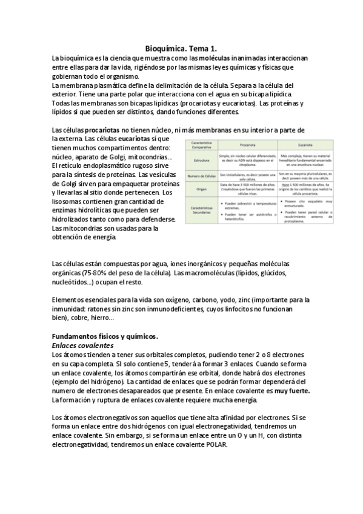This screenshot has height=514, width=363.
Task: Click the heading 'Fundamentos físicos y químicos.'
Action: click(x=105, y=336)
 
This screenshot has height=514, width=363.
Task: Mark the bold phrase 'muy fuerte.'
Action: click(x=290, y=391)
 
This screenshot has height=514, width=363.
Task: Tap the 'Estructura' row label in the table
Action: click(x=200, y=160)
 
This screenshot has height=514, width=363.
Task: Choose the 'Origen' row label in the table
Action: click(x=200, y=189)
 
